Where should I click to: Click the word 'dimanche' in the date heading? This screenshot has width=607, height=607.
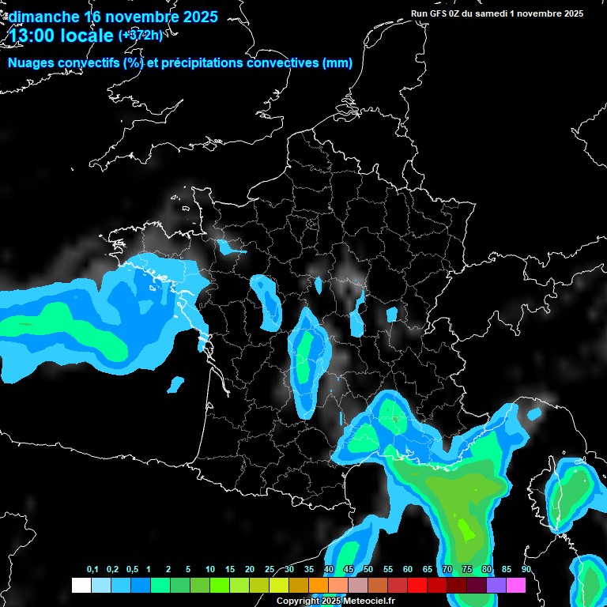tap(43, 17)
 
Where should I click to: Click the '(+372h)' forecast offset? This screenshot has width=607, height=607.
tap(140, 35)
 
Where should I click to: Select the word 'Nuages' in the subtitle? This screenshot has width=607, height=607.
tap(30, 63)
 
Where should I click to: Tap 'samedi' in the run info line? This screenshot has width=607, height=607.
tap(499, 13)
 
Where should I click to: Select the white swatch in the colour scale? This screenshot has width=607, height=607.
tap(81, 585)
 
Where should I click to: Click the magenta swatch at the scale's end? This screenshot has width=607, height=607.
tap(516, 585)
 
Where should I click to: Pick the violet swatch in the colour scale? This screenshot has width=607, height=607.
tap(496, 585)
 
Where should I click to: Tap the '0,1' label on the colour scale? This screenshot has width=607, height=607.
tap(92, 570)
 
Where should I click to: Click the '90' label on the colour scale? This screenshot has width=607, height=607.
tap(526, 570)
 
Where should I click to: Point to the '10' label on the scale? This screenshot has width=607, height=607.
tap(209, 570)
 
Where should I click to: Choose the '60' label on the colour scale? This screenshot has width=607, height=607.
tap(408, 570)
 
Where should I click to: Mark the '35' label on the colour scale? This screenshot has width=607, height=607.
tap(309, 570)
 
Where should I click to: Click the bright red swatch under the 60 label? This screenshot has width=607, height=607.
tap(417, 585)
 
